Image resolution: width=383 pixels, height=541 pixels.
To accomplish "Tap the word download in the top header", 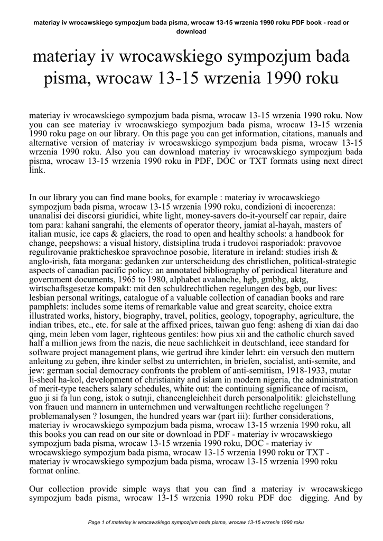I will click(x=191, y=31).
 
